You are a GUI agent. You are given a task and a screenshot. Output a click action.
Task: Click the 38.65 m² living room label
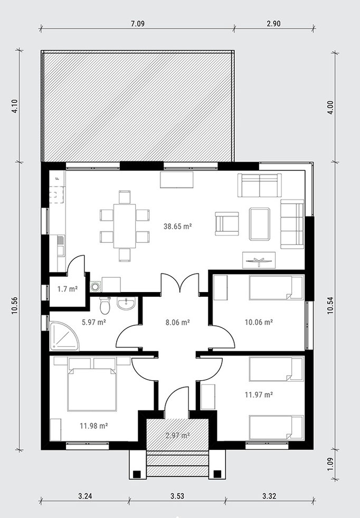tap(178, 227)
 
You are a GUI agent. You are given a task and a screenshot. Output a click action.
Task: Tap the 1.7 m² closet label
tap(68, 289)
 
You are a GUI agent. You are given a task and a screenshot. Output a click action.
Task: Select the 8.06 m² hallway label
tap(177, 322)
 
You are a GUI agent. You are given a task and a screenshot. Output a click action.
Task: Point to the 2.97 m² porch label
tap(177, 436)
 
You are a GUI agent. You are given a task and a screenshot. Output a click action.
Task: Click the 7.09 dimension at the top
tap(138, 23)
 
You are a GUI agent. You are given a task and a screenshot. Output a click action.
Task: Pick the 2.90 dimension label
tap(273, 23)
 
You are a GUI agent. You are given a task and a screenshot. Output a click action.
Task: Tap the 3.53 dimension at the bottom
tap(177, 496)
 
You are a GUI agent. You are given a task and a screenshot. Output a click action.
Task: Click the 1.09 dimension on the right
tap(330, 464)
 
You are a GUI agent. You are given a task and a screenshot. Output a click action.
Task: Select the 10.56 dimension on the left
tap(15, 306)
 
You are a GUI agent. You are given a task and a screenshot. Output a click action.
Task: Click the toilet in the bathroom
tap(105, 305)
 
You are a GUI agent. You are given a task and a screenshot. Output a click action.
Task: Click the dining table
tap(125, 226)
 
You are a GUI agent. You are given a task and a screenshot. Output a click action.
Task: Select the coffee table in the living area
tap(260, 224)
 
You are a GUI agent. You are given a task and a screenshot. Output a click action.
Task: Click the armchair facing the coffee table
tap(227, 224)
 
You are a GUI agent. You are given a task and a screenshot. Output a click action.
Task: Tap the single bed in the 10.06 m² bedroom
tap(276, 288)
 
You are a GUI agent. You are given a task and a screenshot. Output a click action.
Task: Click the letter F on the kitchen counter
tap(57, 178)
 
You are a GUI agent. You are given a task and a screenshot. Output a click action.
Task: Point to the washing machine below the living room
tap(96, 286)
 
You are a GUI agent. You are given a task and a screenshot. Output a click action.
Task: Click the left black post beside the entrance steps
tap(137, 474)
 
